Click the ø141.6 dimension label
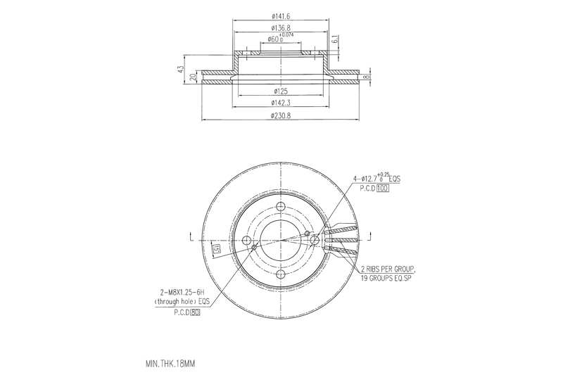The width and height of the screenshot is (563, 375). pos(281,16)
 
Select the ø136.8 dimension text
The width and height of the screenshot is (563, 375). pos(281,27)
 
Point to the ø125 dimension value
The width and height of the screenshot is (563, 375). pos(281,91)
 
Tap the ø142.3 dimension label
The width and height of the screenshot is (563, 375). pos(281,103)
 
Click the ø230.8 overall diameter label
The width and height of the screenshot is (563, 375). pos(281,116)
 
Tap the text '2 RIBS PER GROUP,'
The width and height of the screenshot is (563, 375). pos(388,269)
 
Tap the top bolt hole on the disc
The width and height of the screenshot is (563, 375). pos(281,207)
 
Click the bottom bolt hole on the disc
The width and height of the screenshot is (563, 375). pos(281,274)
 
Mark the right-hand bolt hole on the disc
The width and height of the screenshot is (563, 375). pos(315,241)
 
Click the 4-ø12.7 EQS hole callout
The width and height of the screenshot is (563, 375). pos(376,179)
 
